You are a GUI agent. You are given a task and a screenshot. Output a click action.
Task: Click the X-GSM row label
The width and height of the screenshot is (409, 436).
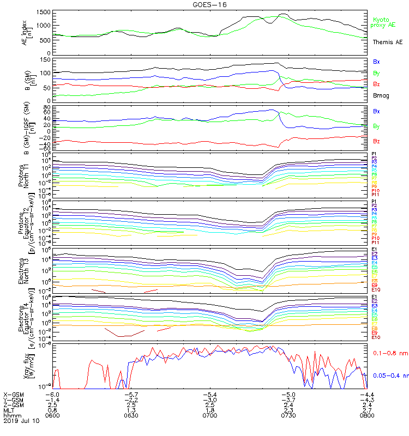(x=13, y=394)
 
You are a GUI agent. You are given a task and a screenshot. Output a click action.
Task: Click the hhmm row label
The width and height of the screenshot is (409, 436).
(x=10, y=415)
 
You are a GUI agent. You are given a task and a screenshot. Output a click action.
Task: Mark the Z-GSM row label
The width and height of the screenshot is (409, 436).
(x=13, y=405)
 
